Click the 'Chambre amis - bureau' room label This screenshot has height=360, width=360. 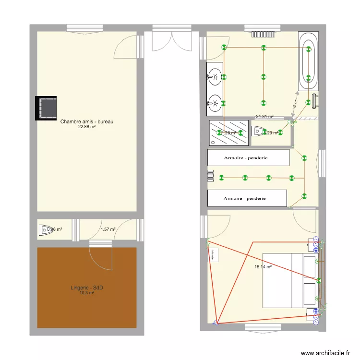click(x=86, y=122)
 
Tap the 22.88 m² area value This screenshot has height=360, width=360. click(x=86, y=127)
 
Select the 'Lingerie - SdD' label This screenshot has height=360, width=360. click(x=86, y=288)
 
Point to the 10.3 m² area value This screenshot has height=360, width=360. click(x=86, y=293)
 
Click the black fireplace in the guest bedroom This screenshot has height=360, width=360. click(x=47, y=108)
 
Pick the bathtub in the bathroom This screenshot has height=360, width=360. click(x=308, y=60)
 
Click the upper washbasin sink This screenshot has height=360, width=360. click(x=215, y=76)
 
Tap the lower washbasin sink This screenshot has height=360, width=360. click(x=215, y=102)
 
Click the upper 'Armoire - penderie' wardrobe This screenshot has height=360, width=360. click(x=248, y=157)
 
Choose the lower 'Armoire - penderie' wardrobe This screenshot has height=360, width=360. click(x=247, y=198)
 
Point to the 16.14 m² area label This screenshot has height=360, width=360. click(x=264, y=267)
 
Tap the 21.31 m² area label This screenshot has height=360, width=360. click(x=264, y=116)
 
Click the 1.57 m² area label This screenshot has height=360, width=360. click(x=108, y=229)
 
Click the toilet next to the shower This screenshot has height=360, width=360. click(x=258, y=131)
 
